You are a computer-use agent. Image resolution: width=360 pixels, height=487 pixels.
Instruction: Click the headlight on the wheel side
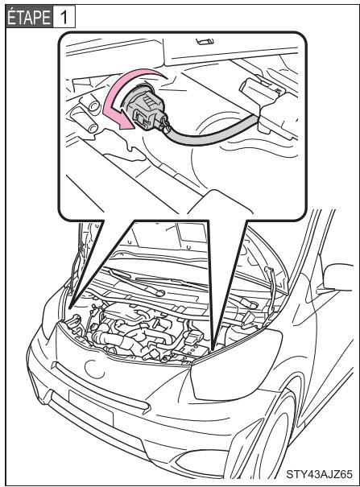point(242,357)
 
